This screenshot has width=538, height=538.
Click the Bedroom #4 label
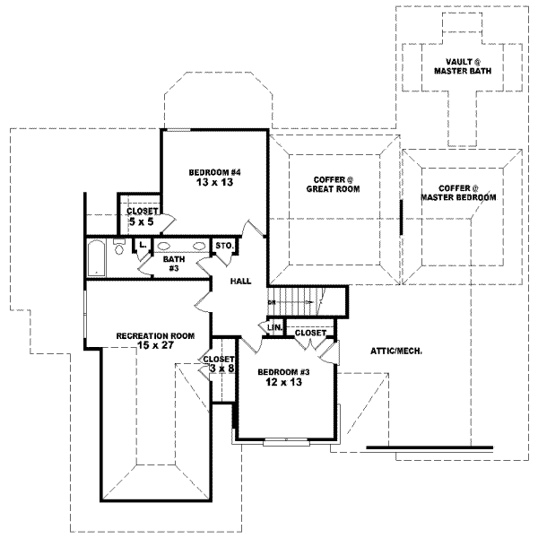213,172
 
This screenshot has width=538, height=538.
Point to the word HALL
239,282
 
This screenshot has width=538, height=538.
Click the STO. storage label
224,246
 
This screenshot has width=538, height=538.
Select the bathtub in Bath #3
96,256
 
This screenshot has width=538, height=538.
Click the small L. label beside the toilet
143,244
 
